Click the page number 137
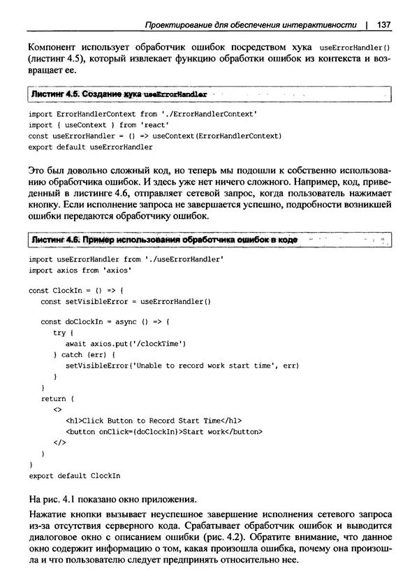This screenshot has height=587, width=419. tap(382, 25)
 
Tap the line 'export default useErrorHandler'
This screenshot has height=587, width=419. tap(91, 147)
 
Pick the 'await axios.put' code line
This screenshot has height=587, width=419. tap(125, 344)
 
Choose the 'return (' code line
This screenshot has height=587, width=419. tap(53, 398)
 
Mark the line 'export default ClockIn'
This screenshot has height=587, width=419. tap(75, 475)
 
